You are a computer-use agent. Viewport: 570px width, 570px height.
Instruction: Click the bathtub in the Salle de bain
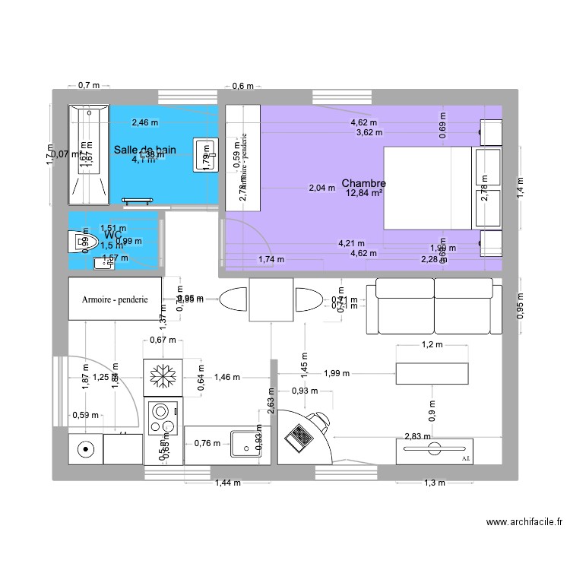point(89,155)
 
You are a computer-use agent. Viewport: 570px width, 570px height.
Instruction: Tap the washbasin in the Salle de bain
point(205,154)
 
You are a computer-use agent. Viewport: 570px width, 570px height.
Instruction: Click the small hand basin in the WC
point(102,263)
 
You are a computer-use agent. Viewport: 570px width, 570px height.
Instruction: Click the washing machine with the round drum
point(86,449)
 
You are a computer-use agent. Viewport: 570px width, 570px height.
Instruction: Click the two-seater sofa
point(434,306)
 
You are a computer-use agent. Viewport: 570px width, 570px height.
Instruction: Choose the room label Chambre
point(364,184)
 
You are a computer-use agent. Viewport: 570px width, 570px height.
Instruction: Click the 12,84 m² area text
point(364,194)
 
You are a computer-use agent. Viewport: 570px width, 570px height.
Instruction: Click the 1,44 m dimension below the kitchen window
point(227,483)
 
